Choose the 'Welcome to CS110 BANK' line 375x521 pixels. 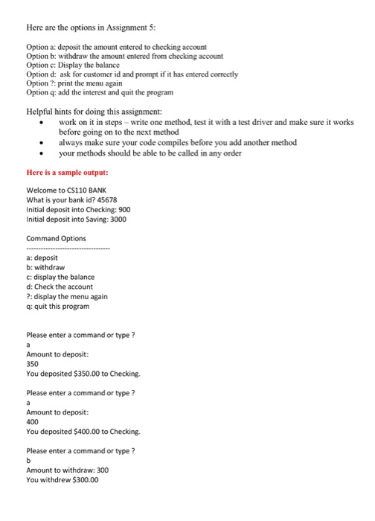click(x=66, y=189)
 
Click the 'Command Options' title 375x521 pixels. click(x=56, y=237)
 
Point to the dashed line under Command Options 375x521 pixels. click(x=67, y=248)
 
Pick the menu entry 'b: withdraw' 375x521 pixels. click(x=45, y=267)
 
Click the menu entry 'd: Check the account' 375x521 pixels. click(x=59, y=287)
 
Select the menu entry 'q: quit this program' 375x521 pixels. click(x=57, y=306)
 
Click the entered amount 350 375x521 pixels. click(x=32, y=364)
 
